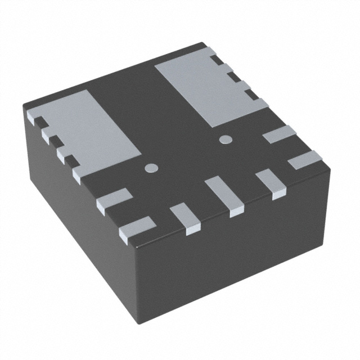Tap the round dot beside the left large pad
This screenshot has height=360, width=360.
[151, 167]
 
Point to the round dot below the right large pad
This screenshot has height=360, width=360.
[225, 139]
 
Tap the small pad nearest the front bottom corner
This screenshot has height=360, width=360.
[137, 229]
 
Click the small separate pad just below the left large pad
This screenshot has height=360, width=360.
[114, 200]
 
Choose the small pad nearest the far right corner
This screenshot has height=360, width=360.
[304, 159]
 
